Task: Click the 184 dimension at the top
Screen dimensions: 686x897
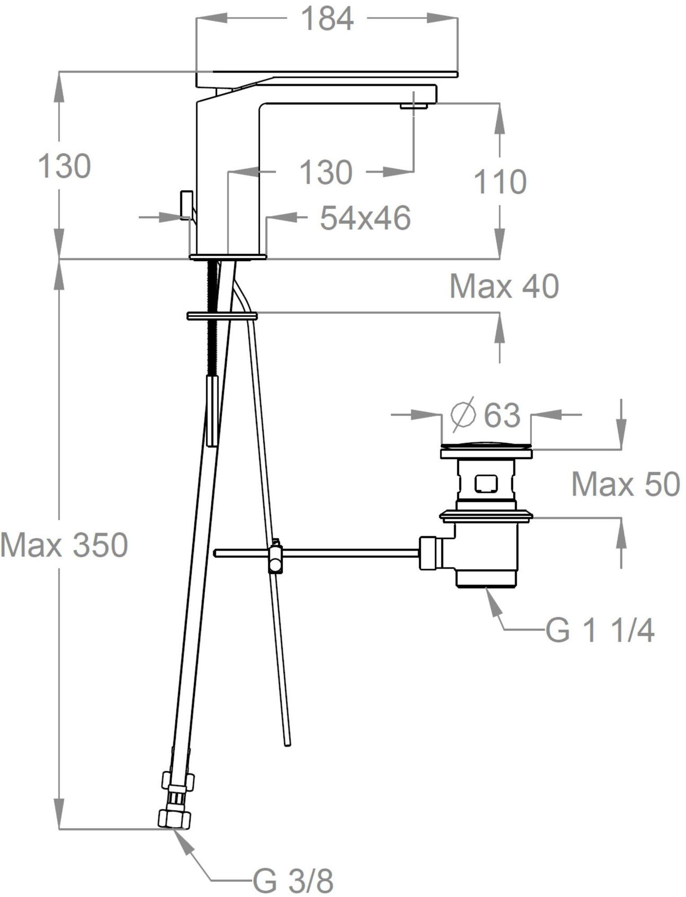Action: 327,19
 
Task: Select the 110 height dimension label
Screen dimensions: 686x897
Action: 500,182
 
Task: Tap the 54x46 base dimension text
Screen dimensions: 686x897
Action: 365,218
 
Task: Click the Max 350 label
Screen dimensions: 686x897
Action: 64,545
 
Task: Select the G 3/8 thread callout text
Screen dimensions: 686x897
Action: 293,881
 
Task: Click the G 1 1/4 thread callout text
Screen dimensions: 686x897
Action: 600,630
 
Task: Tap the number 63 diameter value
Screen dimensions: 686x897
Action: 502,415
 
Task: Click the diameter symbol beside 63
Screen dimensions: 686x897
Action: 463,415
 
